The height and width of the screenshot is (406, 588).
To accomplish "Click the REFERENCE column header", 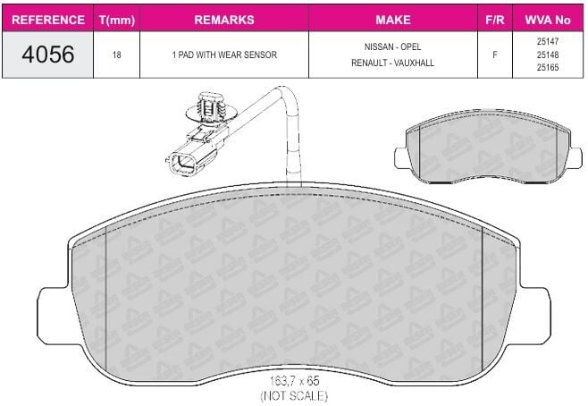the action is pos(48,20).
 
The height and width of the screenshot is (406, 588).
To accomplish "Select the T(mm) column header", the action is pos(117,20).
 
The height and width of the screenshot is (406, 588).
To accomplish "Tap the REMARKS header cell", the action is pos(224,20).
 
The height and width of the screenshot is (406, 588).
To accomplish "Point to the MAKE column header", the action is pos(393,20).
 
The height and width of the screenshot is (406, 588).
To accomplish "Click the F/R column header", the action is pos(495,20).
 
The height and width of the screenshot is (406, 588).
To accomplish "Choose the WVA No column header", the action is pos(548,20).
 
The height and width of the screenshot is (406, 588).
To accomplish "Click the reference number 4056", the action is pos(48,55).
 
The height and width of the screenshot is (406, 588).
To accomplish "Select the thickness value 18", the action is pos(117,55).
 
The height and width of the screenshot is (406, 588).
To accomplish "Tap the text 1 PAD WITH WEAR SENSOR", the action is pos(224,55).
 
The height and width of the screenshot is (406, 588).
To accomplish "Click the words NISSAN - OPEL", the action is pos(392,47).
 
